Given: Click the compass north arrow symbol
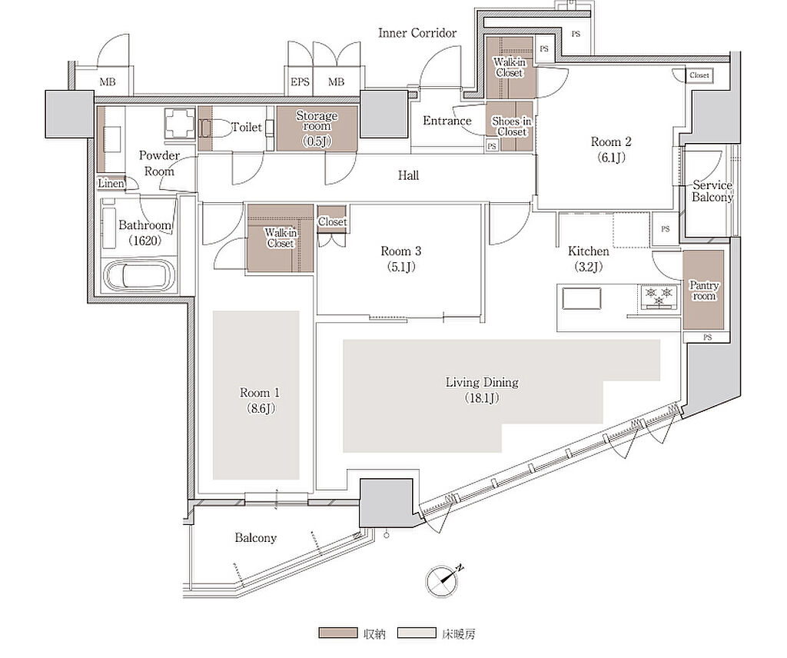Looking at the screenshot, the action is point(443,580).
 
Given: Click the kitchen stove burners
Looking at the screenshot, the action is point(659,296).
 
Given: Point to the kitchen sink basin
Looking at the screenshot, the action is point(581,298).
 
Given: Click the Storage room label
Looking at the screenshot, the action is point(317,128).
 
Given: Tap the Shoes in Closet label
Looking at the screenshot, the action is point(511,127).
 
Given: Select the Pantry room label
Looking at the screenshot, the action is point(704,291).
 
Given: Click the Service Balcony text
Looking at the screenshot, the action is point(712,191).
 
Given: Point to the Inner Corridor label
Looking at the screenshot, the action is point(417,33).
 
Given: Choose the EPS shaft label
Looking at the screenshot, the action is point(301,81).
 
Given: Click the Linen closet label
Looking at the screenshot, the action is point(111,184).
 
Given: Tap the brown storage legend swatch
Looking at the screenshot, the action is point(338,633).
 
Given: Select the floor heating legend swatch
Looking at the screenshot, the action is point(417,633).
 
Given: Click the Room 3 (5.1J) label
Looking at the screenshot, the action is point(400,258).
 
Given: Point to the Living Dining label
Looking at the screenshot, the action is point(482,390).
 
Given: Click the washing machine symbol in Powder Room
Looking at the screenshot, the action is point(180,123).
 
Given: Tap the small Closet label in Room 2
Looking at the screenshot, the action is point(699,75).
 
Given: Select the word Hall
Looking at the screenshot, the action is point(409,175).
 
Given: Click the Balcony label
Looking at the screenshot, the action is point(255,538).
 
